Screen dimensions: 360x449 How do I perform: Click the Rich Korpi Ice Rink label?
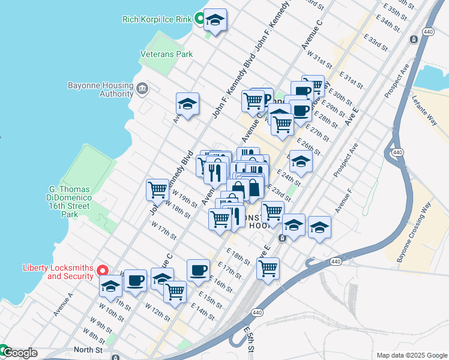(x=156, y=19)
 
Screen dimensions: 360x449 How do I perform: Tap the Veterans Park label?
(x=166, y=54)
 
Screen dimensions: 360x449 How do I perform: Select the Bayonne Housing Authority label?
(x=100, y=89)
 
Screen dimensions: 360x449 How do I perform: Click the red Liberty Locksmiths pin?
(x=103, y=271)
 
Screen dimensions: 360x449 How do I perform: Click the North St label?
(x=89, y=349)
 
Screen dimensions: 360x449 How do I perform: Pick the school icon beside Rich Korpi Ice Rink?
(x=215, y=21)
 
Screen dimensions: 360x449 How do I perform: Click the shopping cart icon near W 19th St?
(x=157, y=190)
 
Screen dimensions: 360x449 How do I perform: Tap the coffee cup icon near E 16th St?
(x=198, y=271)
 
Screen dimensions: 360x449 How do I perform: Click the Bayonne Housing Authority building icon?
(x=142, y=89)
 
